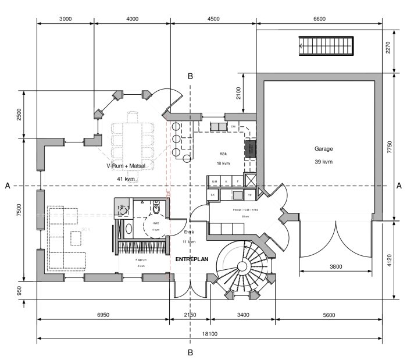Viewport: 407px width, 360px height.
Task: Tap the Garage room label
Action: pos(324,149)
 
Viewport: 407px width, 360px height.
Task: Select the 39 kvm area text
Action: pos(323,162)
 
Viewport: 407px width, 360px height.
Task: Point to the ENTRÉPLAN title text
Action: pos(192,259)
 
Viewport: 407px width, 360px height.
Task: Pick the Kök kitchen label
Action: pos(223,154)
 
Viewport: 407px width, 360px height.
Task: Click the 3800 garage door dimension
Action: pos(335,267)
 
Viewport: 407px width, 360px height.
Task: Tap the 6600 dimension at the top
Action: pos(319,19)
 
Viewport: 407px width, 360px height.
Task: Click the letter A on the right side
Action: pos(398,186)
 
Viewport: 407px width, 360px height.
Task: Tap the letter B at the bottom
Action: pos(190,352)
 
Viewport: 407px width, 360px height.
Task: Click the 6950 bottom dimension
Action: pos(103,315)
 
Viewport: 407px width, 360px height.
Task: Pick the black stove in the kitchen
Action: pos(250,149)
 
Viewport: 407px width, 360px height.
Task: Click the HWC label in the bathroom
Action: pos(155,223)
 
